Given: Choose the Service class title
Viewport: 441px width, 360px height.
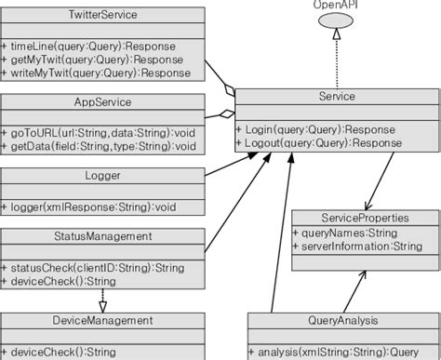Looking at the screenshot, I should tap(337, 95).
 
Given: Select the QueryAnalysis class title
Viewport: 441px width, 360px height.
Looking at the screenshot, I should tap(342, 320).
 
